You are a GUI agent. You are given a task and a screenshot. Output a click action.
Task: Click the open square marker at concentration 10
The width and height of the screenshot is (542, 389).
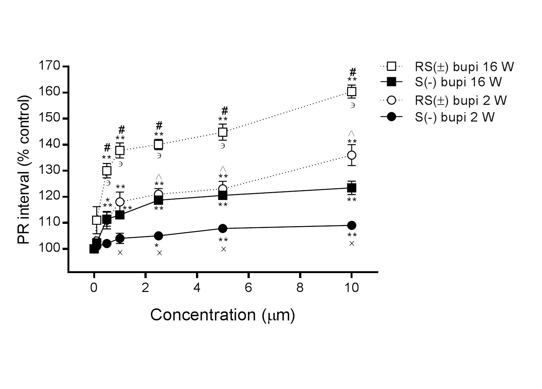pyautogui.click(x=352, y=92)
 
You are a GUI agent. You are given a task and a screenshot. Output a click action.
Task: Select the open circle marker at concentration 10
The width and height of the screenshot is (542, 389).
pyautogui.click(x=352, y=155)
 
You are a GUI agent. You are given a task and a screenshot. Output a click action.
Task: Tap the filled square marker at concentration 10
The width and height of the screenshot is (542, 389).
pyautogui.click(x=352, y=188)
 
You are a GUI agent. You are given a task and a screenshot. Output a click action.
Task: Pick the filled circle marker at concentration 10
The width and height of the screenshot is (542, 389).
pyautogui.click(x=352, y=225)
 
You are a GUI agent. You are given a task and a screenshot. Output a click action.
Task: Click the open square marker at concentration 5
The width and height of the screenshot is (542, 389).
pyautogui.click(x=223, y=132)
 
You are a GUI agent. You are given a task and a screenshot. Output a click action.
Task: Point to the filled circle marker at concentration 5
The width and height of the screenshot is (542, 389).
pyautogui.click(x=223, y=228)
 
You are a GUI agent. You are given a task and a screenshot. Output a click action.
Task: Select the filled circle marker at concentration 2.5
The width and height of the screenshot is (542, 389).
pyautogui.click(x=158, y=236)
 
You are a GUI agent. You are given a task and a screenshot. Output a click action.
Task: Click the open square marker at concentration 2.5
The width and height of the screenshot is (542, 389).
pyautogui.click(x=158, y=144)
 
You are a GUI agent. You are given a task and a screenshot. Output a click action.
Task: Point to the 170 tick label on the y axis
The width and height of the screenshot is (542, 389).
pyautogui.click(x=49, y=66)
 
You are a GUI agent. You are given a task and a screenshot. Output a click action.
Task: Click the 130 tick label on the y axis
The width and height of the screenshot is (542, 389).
pyautogui.click(x=49, y=170)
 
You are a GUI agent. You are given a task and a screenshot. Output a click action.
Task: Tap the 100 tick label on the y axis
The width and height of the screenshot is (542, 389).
pyautogui.click(x=49, y=249)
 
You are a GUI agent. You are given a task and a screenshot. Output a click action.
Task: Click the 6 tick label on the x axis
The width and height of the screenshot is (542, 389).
pyautogui.click(x=249, y=288)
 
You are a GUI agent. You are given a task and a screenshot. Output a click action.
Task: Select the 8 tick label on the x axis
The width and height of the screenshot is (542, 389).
pyautogui.click(x=300, y=288)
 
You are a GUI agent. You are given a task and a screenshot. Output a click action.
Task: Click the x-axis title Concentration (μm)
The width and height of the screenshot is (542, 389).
pyautogui.click(x=222, y=315)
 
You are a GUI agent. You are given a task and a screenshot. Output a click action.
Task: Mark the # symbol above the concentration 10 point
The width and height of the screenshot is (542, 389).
pyautogui.click(x=353, y=72)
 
